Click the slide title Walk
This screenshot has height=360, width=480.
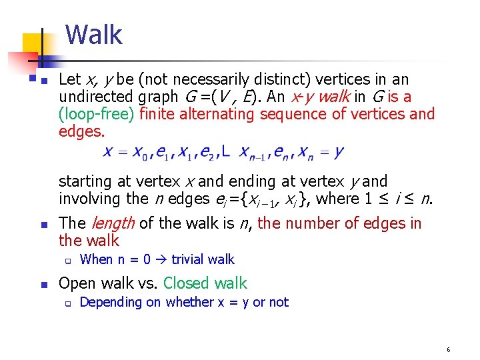pyautogui.click(x=94, y=35)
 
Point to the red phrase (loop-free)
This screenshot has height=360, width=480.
pyautogui.click(x=97, y=114)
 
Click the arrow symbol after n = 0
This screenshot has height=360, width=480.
pyautogui.click(x=161, y=259)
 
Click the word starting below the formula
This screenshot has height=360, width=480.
pyautogui.click(x=84, y=181)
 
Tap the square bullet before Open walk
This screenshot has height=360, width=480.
pyautogui.click(x=45, y=285)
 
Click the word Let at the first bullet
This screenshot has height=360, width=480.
pyautogui.click(x=69, y=79)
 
